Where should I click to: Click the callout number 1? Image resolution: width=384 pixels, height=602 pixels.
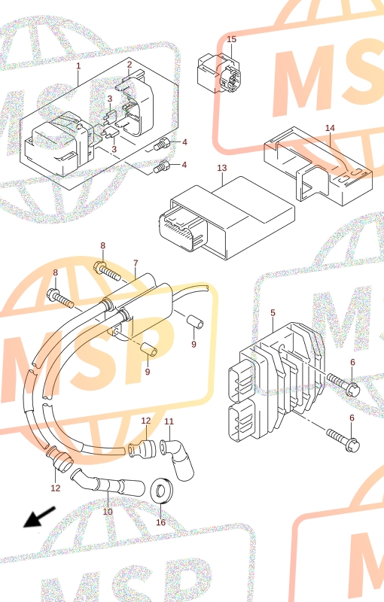click(x=78, y=66)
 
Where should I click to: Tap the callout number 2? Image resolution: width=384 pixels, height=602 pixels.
click(x=130, y=65)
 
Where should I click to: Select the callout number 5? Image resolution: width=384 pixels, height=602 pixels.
click(x=273, y=313)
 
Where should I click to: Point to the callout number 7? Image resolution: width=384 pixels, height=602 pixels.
click(x=136, y=263)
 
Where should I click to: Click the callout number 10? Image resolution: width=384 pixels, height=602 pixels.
click(x=108, y=512)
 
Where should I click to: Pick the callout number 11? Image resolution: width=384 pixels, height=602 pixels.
click(x=169, y=421)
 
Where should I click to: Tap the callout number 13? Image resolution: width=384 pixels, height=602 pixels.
click(x=222, y=168)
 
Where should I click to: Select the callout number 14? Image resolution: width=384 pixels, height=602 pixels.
click(x=331, y=128)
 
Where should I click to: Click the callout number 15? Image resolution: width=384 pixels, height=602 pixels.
click(x=232, y=39)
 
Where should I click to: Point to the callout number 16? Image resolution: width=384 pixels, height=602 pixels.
click(x=161, y=522)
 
